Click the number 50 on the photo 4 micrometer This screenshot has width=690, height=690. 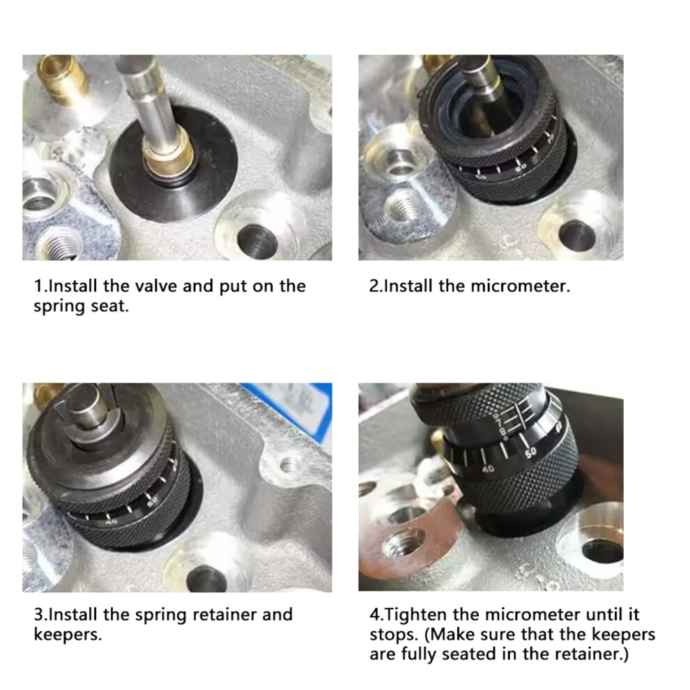(530, 452)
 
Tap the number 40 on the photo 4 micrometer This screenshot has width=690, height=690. (488, 470)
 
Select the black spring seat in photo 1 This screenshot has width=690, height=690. (174, 167)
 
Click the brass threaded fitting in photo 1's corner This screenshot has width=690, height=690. (61, 79)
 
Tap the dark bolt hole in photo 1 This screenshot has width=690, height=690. (257, 242)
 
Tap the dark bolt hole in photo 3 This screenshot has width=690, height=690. (206, 579)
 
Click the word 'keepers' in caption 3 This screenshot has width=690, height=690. (68, 634)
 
